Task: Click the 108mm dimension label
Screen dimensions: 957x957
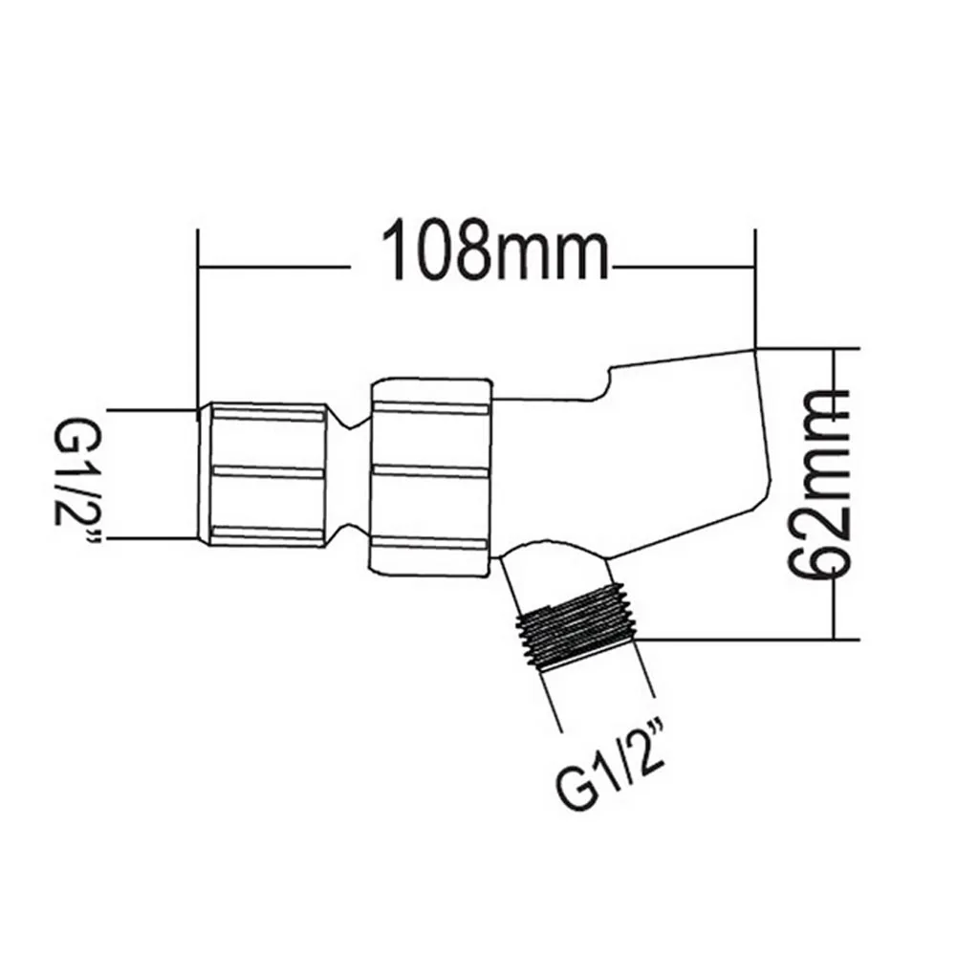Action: point(494,251)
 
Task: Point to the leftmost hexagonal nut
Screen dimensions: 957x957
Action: point(265,474)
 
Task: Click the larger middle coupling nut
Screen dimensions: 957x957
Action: point(431,474)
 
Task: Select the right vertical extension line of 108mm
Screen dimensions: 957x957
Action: point(755,287)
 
